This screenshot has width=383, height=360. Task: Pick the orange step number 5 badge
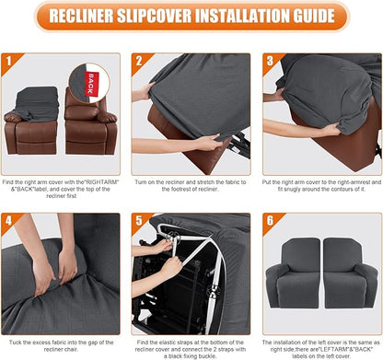(x=139, y=222)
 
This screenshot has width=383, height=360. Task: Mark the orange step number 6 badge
(x=270, y=222)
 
